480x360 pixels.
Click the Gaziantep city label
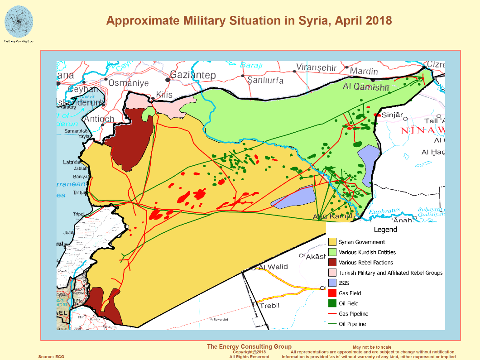coord(193,75)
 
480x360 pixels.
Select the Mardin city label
coord(364,71)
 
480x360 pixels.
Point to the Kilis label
coord(164,95)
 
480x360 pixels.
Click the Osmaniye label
coord(129,83)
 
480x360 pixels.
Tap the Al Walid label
coord(273,267)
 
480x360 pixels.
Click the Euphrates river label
coord(384,211)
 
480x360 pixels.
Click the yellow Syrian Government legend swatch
coord(332,242)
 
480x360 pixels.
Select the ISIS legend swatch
coord(332,283)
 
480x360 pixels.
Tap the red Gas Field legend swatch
coord(332,293)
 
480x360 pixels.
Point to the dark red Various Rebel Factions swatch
coord(332,263)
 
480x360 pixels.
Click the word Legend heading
coord(385,230)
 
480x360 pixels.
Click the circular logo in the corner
coord(19,21)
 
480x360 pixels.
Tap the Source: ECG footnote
coord(51,357)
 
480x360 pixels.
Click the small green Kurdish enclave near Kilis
coord(147,114)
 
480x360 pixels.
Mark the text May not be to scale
coord(372,347)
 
